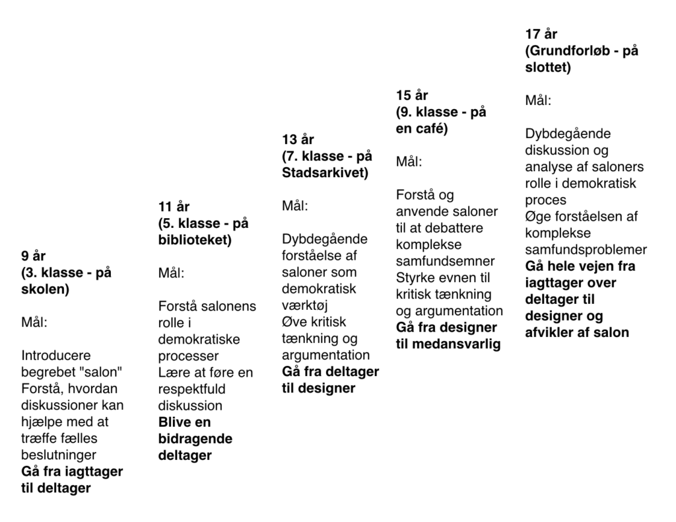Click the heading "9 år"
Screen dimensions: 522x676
coord(34,256)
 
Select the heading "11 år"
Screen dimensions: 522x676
coord(174,207)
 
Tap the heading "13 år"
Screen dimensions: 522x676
coord(298,139)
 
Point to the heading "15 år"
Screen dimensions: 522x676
coord(412,95)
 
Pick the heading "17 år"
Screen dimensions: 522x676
coord(541,34)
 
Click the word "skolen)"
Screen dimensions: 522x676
coord(45,289)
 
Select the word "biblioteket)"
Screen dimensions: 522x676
coord(195,240)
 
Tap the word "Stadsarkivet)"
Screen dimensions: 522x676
coord(325,172)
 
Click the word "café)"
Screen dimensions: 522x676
coord(431,128)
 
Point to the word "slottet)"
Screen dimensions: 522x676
coord(548,67)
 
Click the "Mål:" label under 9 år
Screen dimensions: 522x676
coord(34,322)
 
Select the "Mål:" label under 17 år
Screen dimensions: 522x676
coord(538,100)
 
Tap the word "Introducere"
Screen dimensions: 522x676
coord(56,355)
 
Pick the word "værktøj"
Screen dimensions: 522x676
coord(305,305)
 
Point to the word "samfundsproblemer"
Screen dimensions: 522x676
coord(586,250)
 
